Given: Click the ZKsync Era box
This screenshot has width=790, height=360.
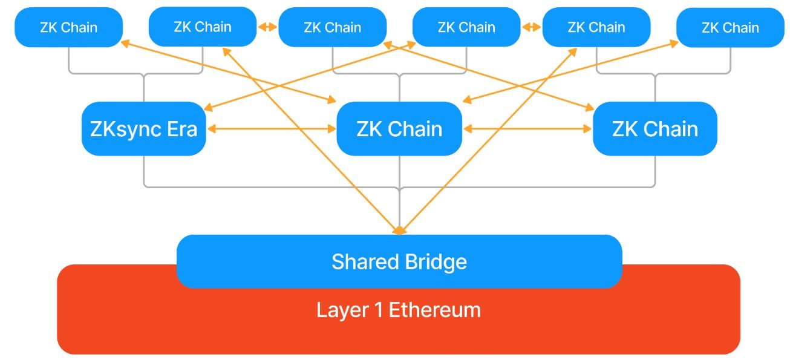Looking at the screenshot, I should tap(144, 128).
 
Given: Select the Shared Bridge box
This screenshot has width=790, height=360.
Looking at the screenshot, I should tap(399, 261).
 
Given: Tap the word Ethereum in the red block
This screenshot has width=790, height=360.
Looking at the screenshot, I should tap(434, 310).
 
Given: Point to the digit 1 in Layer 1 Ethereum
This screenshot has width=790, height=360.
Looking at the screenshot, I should tap(376, 310).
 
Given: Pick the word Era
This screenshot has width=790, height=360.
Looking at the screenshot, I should tap(180, 129).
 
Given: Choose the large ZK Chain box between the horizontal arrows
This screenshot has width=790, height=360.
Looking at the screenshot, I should tap(399, 128).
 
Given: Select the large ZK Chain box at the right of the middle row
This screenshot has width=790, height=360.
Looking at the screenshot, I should tap(655, 128).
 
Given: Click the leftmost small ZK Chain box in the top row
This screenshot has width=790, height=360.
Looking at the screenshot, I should tap(68, 27).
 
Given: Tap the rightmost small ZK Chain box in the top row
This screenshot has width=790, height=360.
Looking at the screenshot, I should tap(730, 27).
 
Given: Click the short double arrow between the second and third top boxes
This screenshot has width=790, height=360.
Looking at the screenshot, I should tap(267, 27).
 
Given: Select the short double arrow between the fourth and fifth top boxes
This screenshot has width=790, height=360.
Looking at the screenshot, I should tap(531, 27).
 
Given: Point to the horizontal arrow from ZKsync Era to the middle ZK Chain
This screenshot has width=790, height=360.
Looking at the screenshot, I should tap(271, 128).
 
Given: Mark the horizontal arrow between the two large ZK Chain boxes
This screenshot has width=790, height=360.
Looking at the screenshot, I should tap(527, 128).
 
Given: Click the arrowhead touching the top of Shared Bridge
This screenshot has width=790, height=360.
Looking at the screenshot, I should tap(399, 231).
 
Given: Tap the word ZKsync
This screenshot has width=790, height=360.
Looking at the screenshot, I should tap(125, 129).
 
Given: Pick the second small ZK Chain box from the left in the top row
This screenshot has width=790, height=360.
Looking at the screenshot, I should tap(202, 27).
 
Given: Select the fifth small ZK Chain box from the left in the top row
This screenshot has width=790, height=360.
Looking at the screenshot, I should tap(596, 27).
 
